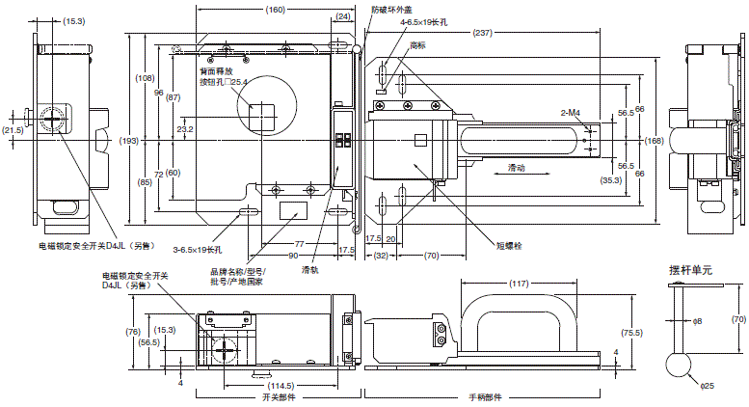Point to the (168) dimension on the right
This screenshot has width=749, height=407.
pyautogui.click(x=655, y=142)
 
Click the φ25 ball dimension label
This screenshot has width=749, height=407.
pyautogui.click(x=707, y=389)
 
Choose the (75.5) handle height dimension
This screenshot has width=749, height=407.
pyautogui.click(x=630, y=333)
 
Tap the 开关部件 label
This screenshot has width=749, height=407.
pyautogui.click(x=278, y=397)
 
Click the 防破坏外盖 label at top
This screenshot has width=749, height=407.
pyautogui.click(x=393, y=9)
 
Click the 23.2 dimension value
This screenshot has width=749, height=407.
pyautogui.click(x=185, y=128)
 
